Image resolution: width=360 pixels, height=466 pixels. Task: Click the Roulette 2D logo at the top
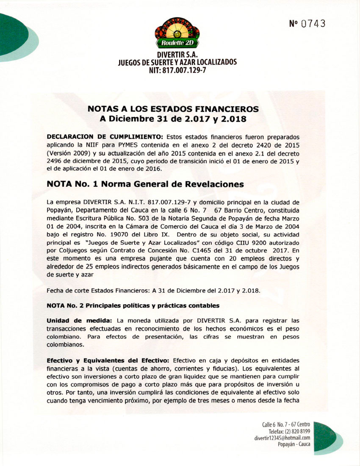177,34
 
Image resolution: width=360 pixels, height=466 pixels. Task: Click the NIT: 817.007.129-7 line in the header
177,70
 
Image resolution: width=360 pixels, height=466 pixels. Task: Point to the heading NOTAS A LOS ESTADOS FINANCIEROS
173,109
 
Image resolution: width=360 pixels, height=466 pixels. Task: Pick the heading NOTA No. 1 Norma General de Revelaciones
145,184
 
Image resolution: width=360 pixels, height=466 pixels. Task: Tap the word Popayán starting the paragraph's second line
59,210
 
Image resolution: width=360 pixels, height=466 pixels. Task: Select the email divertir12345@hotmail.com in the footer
282,438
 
